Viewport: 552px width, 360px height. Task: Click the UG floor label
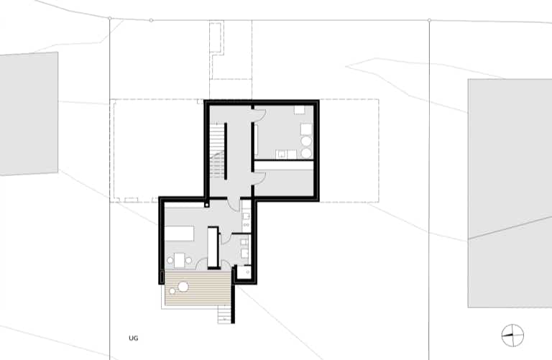click(134, 338)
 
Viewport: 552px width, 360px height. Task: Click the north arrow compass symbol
click(512, 336)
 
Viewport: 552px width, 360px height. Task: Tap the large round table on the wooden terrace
click(183, 287)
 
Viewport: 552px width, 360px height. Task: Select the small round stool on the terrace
click(172, 291)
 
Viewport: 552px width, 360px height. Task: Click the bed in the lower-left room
click(179, 234)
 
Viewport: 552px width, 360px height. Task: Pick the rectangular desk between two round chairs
click(180, 260)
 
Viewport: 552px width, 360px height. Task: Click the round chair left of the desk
click(170, 260)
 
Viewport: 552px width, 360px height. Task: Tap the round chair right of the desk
click(189, 260)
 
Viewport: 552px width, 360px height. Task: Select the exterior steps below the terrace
click(224, 314)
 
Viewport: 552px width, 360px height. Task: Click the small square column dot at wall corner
click(207, 205)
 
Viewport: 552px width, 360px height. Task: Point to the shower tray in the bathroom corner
click(243, 272)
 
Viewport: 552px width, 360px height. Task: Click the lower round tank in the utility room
click(306, 153)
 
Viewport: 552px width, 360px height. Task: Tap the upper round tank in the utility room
click(306, 142)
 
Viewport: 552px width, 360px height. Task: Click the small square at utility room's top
click(299, 110)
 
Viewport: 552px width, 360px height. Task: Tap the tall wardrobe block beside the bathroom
click(213, 248)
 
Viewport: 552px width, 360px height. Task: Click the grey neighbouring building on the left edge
click(29, 114)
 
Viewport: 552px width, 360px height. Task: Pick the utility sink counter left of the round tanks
click(286, 154)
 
